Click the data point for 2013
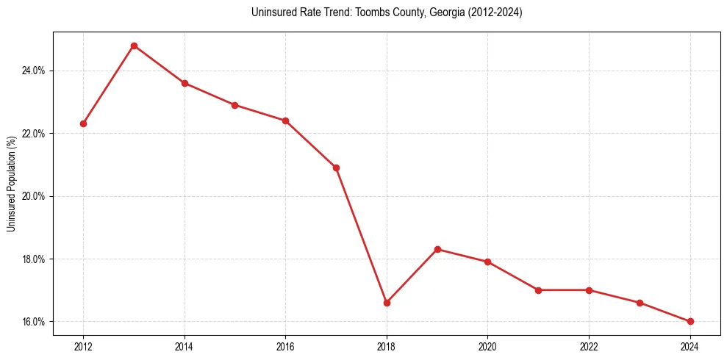tap(134, 46)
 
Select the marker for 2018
tap(387, 303)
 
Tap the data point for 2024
tap(690, 322)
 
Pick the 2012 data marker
tap(83, 123)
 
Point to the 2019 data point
tap(437, 249)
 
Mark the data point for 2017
tap(336, 168)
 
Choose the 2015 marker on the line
tap(234, 105)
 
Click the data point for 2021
tap(538, 290)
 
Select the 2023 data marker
tap(640, 303)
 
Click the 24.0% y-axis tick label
tap(35, 71)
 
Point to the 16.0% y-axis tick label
tap(35, 322)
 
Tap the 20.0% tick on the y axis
tap(35, 196)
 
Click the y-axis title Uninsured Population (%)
tap(12, 184)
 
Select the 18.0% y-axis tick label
tap(35, 259)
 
